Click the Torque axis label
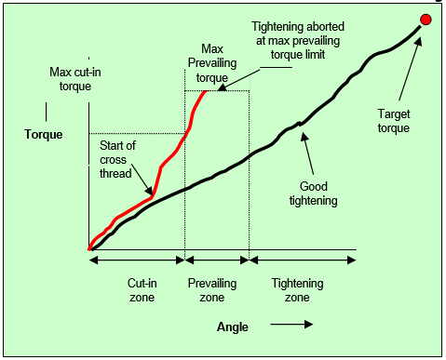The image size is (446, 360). point(44,134)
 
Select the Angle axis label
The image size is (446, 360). point(232,327)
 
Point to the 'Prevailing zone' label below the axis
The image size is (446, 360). point(212,289)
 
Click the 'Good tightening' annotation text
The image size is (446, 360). point(313,193)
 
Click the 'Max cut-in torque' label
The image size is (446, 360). point(74,78)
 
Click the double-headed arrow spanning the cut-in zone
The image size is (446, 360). point(137,261)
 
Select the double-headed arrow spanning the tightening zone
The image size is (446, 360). point(303,261)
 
